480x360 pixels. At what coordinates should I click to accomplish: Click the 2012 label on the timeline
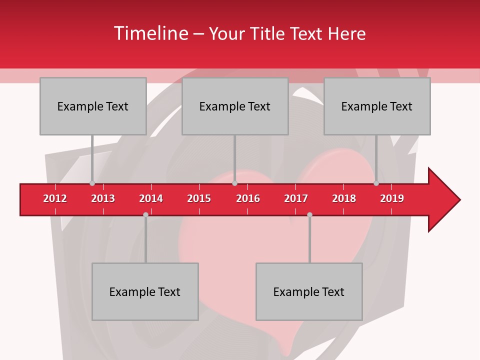(55, 198)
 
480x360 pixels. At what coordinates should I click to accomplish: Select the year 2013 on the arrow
(103, 198)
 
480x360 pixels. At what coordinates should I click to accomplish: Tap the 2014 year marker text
(151, 198)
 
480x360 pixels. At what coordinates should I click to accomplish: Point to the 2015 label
(199, 198)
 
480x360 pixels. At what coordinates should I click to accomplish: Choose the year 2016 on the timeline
(248, 198)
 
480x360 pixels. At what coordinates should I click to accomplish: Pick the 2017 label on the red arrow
(296, 198)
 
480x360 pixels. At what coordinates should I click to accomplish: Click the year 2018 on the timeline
(344, 198)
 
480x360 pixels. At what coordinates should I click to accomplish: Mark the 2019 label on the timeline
(392, 198)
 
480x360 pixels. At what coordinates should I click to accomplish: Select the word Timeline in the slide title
(150, 33)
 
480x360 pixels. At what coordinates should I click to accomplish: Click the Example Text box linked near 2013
(93, 106)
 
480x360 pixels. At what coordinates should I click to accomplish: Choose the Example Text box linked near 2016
(235, 106)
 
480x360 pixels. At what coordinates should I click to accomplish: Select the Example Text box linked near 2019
(377, 106)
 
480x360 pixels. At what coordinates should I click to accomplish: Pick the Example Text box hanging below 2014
(145, 291)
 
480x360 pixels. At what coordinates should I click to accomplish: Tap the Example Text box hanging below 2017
(309, 291)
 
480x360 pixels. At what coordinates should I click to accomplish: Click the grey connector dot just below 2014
(145, 214)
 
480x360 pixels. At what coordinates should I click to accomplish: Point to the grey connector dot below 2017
(309, 214)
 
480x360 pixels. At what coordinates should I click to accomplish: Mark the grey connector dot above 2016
(234, 183)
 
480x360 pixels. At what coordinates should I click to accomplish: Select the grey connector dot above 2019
(376, 183)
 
